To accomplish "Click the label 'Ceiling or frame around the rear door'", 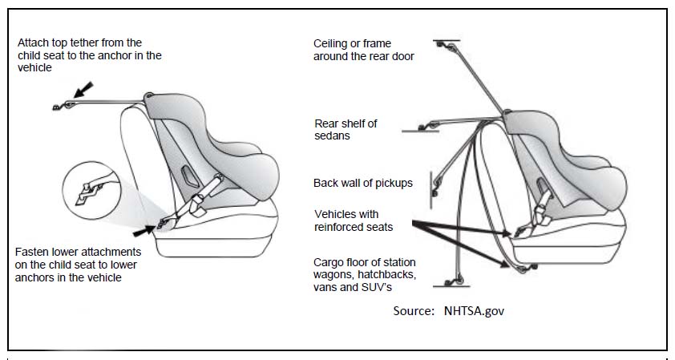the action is [x=364, y=50].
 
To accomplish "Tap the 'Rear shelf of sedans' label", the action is [x=346, y=130].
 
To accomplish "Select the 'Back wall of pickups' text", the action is [x=363, y=183].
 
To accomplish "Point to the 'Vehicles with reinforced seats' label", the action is [x=354, y=220].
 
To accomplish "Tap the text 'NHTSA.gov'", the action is [x=474, y=311].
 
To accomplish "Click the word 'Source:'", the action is [x=414, y=311].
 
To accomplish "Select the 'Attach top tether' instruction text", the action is [x=90, y=55].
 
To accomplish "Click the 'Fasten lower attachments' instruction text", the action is [x=78, y=265].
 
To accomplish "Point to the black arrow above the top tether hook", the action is [x=83, y=90].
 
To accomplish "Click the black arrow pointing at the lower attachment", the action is [x=144, y=231].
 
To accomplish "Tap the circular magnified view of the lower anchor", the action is [x=91, y=191].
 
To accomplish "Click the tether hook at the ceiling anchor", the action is [x=446, y=45].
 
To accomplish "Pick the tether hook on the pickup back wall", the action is [x=436, y=187].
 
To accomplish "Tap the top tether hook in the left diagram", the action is [x=63, y=106].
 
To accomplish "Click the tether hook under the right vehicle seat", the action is [x=526, y=269].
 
